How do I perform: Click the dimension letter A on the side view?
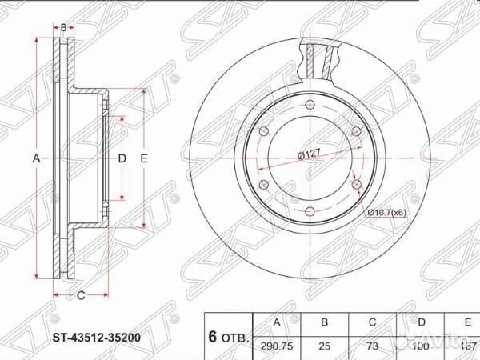36,159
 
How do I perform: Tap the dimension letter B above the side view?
63,28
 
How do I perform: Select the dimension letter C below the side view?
81,296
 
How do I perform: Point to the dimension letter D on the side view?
122,159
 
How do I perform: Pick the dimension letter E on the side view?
144,159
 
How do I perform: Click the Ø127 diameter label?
309,154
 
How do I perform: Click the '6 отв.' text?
229,336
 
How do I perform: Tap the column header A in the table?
277,322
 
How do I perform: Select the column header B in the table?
325,322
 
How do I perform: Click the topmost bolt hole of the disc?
310,104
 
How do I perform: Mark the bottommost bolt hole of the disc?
310,211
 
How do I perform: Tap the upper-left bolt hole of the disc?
263,131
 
